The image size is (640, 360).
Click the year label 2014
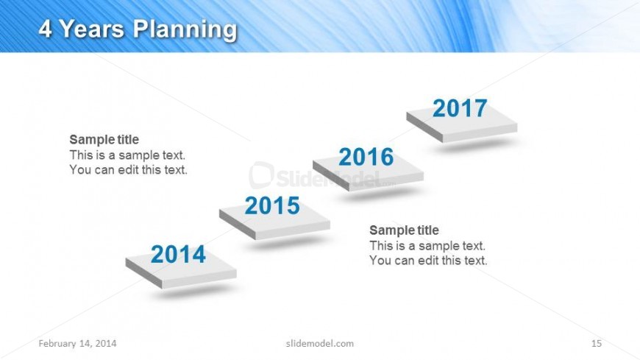pos(178,254)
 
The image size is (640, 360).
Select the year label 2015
pos(272,205)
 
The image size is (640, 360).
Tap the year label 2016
pos(366,157)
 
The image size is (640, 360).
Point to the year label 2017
pos(460,108)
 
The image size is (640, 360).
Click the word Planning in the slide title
pos(185,30)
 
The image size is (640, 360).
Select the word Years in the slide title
pos(92,29)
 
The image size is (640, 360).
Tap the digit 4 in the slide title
pos(46,29)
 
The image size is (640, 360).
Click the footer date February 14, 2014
pos(77,343)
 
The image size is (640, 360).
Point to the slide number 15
pos(597,343)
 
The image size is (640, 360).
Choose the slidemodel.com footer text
pos(320,343)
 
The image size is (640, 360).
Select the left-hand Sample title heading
pos(104,139)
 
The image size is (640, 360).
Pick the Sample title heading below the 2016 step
pos(404,230)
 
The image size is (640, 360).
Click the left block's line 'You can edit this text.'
pos(128,169)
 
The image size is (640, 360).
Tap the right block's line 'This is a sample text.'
pos(427,246)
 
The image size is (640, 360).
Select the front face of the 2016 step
pos(386,183)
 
